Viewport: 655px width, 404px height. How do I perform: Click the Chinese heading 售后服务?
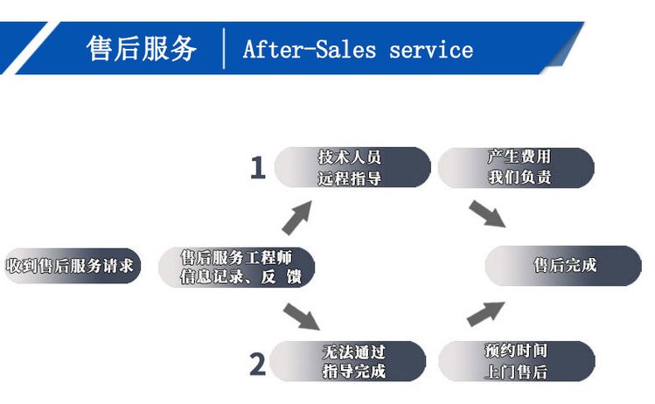coord(141,48)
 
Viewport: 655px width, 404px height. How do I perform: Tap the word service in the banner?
coord(431,49)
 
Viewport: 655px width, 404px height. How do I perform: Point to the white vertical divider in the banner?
coord(225,48)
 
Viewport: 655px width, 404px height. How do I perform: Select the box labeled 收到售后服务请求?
coord(70,265)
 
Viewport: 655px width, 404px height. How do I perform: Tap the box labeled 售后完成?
coord(565,265)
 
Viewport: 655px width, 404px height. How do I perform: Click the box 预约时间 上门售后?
coord(516,361)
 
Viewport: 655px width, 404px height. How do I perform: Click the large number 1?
coord(257,168)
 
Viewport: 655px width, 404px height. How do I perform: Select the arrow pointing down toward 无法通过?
coord(302,314)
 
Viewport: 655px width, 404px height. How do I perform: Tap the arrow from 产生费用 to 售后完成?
coord(488,215)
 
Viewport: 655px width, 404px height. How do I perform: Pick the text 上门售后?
coord(516,372)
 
